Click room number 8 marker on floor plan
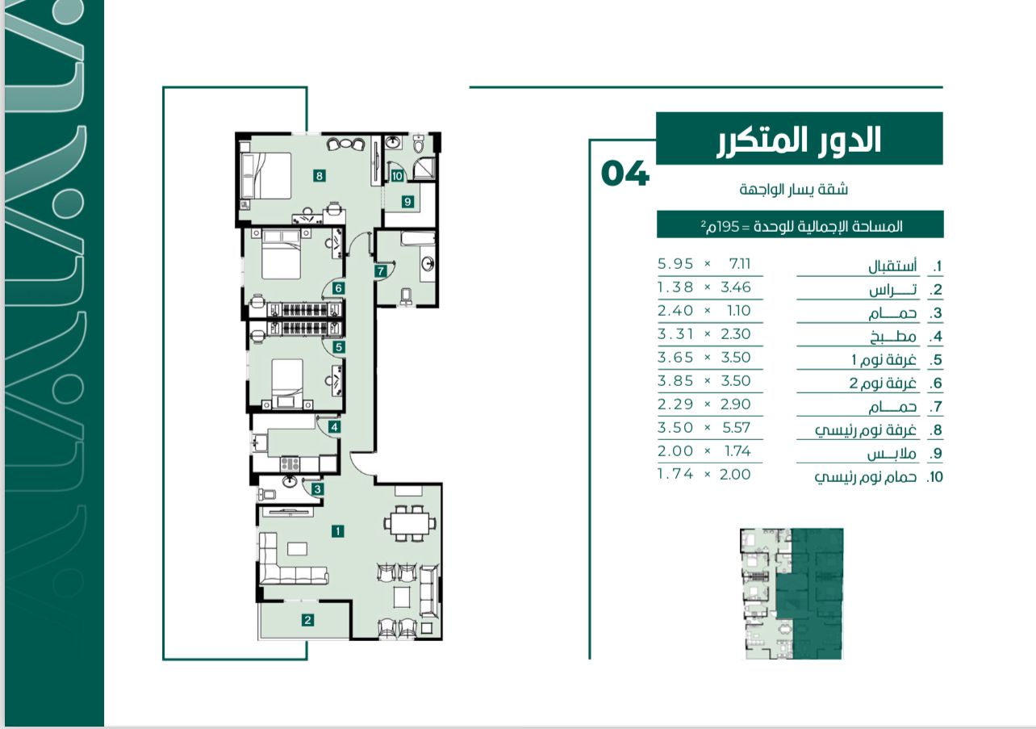click(x=320, y=176)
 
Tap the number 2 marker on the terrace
click(x=307, y=620)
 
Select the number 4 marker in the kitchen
click(x=334, y=427)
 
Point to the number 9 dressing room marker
click(x=407, y=202)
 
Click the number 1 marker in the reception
click(x=338, y=531)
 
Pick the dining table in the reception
click(x=410, y=523)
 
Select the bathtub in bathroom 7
click(x=418, y=238)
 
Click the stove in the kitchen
click(x=290, y=463)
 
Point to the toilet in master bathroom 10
click(x=418, y=144)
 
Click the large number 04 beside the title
click(x=625, y=174)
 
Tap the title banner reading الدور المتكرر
click(x=800, y=138)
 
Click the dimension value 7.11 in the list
click(x=740, y=264)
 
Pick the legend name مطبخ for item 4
click(x=892, y=337)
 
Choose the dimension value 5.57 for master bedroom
click(x=736, y=428)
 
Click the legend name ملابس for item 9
click(x=892, y=453)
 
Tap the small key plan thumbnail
click(x=792, y=593)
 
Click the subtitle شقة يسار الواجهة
click(x=794, y=189)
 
